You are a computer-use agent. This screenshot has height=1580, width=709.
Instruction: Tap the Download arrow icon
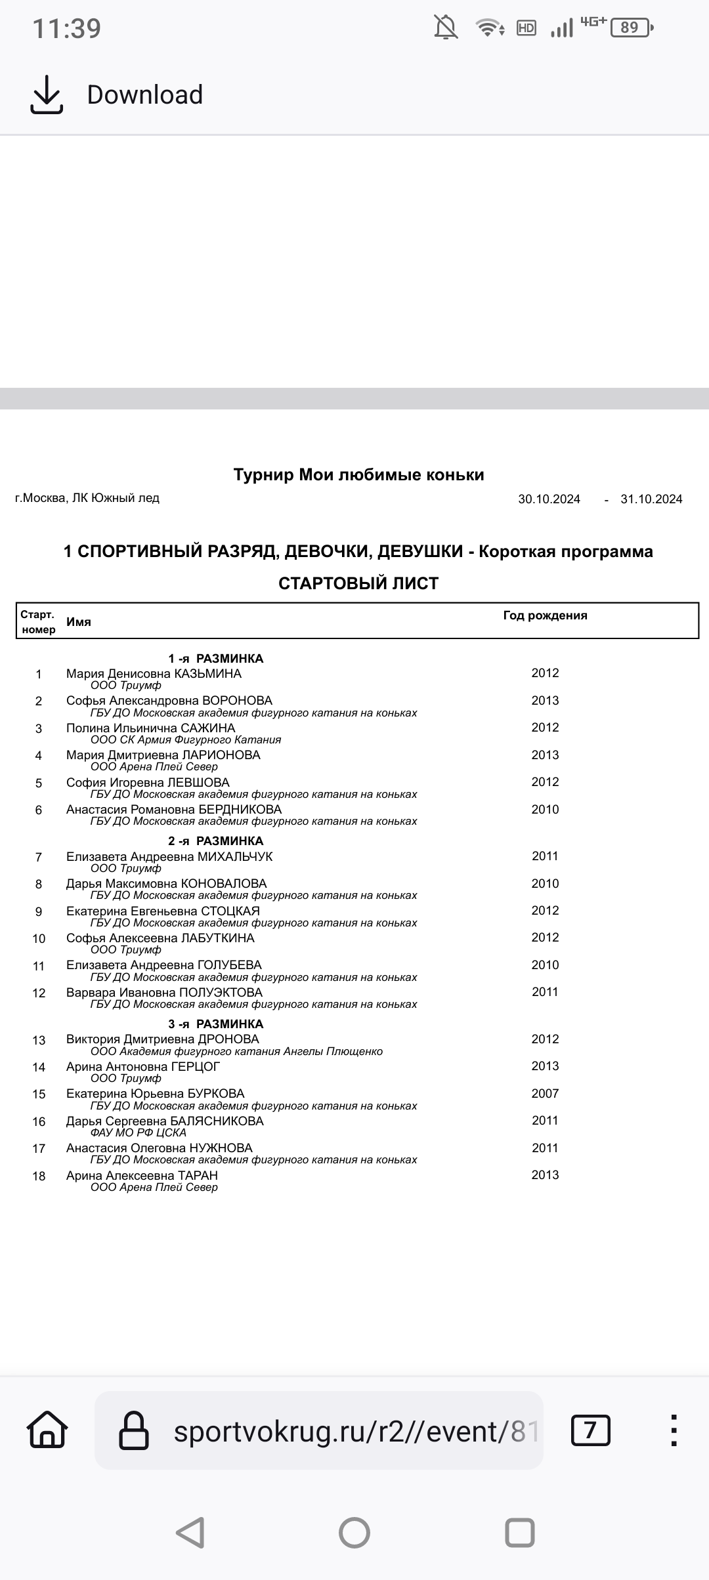coord(47,94)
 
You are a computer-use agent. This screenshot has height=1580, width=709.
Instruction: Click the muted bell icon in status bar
coord(446,28)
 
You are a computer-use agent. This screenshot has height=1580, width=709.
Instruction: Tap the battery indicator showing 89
coord(630,28)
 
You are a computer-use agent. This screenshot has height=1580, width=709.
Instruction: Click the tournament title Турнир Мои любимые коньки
coord(358,474)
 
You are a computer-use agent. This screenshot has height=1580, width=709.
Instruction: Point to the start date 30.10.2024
coord(549,499)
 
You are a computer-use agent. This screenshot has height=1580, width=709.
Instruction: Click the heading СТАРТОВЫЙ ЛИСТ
coord(358,583)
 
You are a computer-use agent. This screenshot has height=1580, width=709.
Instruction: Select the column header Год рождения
coord(545,615)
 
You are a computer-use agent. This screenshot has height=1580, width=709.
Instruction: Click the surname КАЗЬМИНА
coord(207,674)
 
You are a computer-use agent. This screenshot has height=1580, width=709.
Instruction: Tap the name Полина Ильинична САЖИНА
coord(150,728)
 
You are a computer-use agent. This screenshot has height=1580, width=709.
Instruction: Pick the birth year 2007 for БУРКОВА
coord(545,1093)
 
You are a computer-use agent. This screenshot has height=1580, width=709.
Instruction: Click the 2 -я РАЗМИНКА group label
coord(215,841)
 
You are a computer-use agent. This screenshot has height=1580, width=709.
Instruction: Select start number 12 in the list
coord(39,993)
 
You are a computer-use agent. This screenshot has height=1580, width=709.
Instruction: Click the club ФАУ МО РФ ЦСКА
coord(138,1133)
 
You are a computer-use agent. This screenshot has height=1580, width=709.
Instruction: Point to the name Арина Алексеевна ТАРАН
coord(142,1175)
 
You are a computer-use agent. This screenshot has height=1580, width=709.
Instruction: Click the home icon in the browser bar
coord(47,1431)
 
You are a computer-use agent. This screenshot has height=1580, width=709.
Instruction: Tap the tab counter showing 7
coord(590,1431)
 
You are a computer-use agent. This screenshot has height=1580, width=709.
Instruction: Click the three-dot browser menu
coord(674,1431)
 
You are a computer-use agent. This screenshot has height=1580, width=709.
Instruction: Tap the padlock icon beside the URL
coord(133,1431)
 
